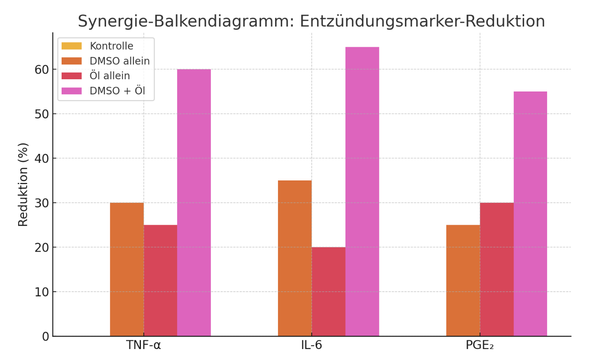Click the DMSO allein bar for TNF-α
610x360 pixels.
[x=127, y=269]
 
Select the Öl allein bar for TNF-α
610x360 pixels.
[x=160, y=280]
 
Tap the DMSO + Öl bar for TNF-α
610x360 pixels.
[x=194, y=203]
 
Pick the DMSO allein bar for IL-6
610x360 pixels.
[x=295, y=258]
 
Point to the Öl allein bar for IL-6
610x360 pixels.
[x=329, y=291]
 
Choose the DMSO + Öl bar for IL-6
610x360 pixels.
[x=362, y=191]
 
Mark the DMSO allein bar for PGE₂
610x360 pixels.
[x=463, y=280]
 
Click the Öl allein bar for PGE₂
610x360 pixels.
[x=497, y=269]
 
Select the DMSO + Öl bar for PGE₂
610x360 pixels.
[x=530, y=214]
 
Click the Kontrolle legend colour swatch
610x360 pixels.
[x=72, y=46]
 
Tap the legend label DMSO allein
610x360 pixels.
[x=119, y=61]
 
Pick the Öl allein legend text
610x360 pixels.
[x=110, y=76]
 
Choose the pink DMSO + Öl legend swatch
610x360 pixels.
[x=72, y=91]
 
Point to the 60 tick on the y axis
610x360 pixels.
[x=42, y=70]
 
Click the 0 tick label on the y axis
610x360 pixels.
[x=46, y=337]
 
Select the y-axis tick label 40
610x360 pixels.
[x=42, y=159]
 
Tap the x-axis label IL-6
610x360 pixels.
[x=311, y=345]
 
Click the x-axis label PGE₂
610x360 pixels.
[x=480, y=345]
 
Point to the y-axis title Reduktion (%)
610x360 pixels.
[x=23, y=184]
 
